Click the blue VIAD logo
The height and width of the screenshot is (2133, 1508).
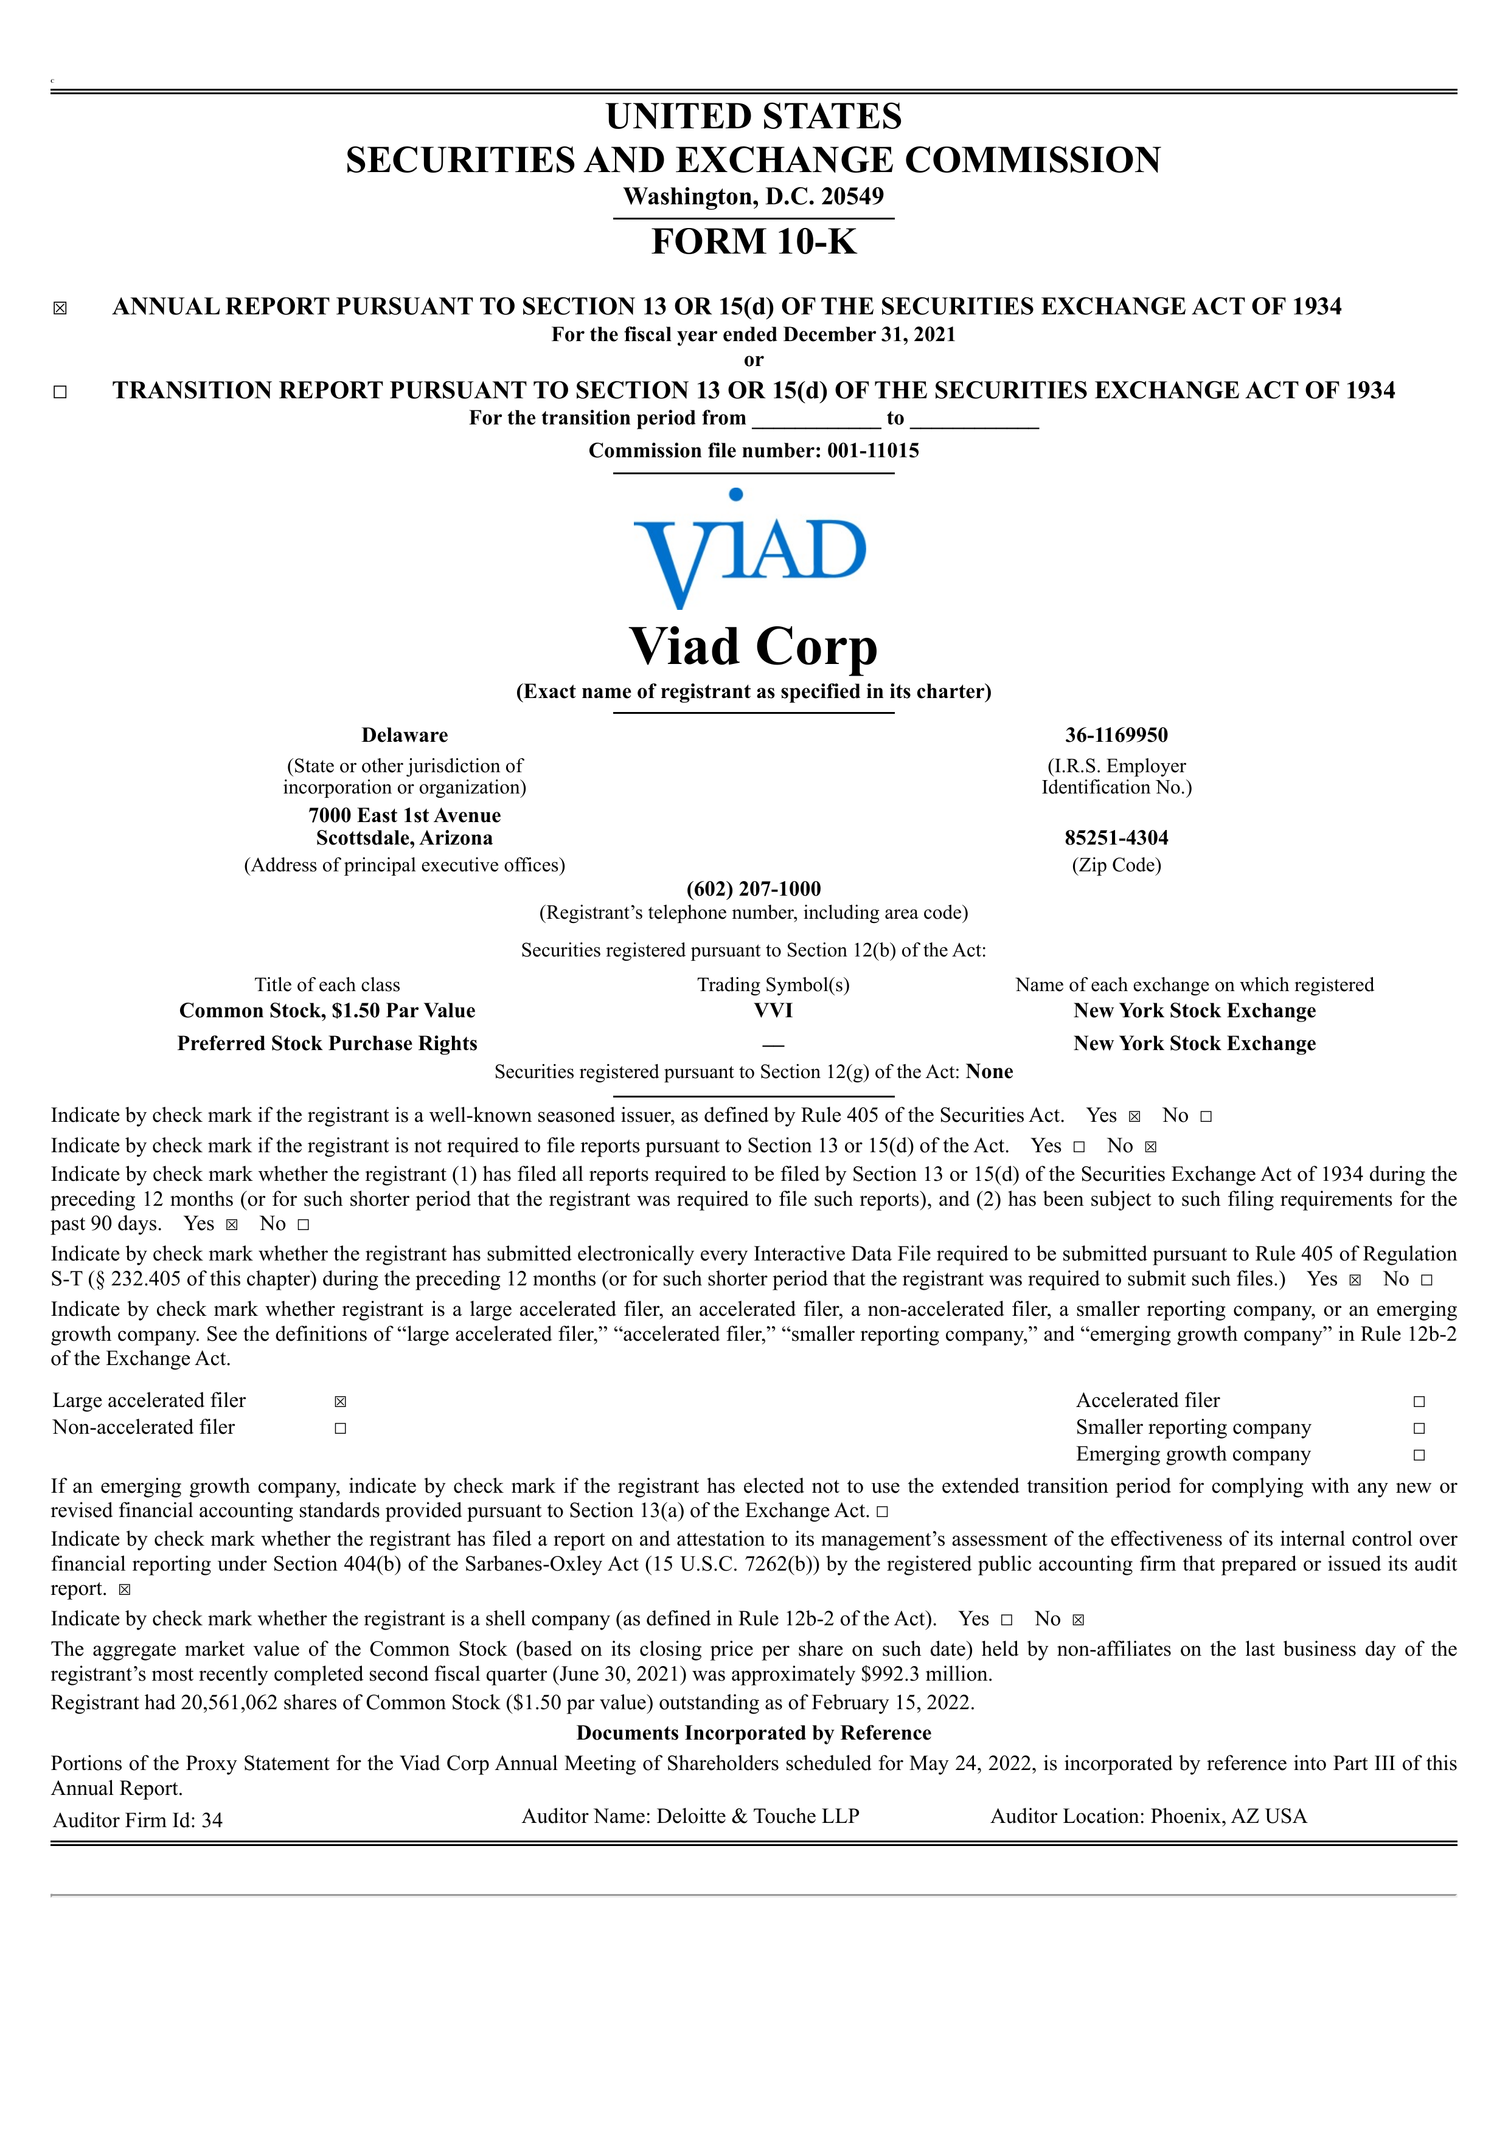tap(751, 551)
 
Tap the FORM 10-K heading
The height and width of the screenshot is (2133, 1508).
tap(754, 241)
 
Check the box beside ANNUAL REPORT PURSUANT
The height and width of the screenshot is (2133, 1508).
tap(60, 308)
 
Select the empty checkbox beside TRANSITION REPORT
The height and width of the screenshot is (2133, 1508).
tap(60, 392)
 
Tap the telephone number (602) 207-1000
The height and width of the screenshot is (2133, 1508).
tap(754, 888)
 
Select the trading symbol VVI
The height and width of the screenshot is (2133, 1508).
tap(773, 1010)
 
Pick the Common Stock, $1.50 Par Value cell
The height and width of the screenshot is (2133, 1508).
tap(327, 1010)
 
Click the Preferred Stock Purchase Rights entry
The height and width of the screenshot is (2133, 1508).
tap(327, 1043)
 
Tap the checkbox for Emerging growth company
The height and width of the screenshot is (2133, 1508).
tap(1419, 1455)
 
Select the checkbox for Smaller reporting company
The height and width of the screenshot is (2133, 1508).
tap(1419, 1428)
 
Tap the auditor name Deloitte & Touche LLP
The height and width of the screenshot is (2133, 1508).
tap(757, 1816)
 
